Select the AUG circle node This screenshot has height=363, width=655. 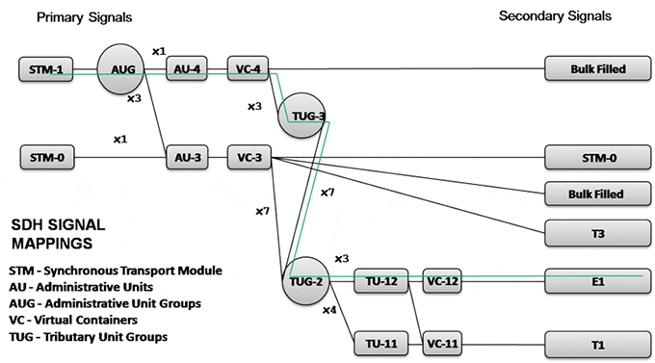(x=122, y=69)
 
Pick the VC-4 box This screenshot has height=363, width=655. (x=247, y=69)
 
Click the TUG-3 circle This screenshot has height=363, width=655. (x=301, y=115)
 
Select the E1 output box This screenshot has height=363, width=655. (x=597, y=281)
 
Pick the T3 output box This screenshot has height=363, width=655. (x=597, y=232)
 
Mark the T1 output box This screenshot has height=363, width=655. (x=597, y=342)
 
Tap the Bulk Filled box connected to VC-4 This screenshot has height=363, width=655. (x=597, y=69)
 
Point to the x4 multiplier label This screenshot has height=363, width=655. (x=330, y=310)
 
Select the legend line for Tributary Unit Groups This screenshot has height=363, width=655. (x=88, y=336)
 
